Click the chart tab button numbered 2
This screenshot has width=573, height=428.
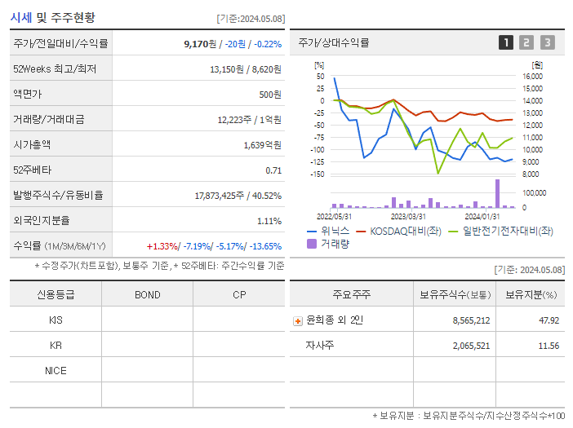tap(526, 42)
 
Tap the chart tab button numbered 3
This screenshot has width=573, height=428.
tap(547, 42)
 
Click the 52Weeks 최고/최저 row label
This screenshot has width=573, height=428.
tap(55, 69)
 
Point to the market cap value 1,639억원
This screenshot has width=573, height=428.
tap(262, 144)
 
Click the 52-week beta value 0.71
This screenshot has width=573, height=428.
tap(273, 170)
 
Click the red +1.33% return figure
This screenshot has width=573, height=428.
tap(163, 245)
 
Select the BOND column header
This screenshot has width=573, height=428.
tap(147, 294)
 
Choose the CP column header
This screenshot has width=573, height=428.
tap(239, 294)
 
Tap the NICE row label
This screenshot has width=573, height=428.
tap(56, 370)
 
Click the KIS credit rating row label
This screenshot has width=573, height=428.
tap(56, 320)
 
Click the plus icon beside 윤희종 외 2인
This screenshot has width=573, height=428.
tap(297, 321)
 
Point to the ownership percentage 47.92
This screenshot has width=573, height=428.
tap(549, 320)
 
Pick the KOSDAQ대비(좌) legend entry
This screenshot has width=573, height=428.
tap(405, 232)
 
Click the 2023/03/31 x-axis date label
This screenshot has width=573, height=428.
tap(408, 216)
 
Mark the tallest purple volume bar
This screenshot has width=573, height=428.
tap(497, 194)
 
